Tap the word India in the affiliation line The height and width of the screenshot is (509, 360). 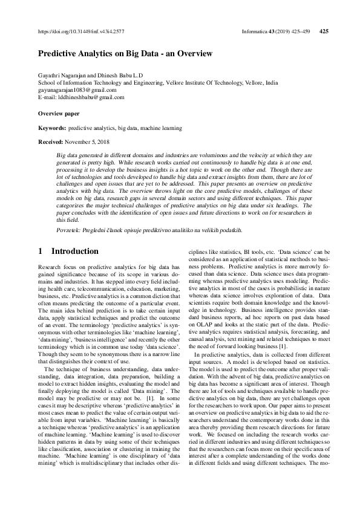pos(272,82)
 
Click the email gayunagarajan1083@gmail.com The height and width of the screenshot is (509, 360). pos(77,89)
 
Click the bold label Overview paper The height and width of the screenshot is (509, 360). pos(58,114)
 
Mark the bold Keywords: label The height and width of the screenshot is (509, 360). pos(52,129)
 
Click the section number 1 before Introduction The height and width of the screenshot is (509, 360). pos(41,251)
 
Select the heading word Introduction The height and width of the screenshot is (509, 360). pos(74,251)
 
